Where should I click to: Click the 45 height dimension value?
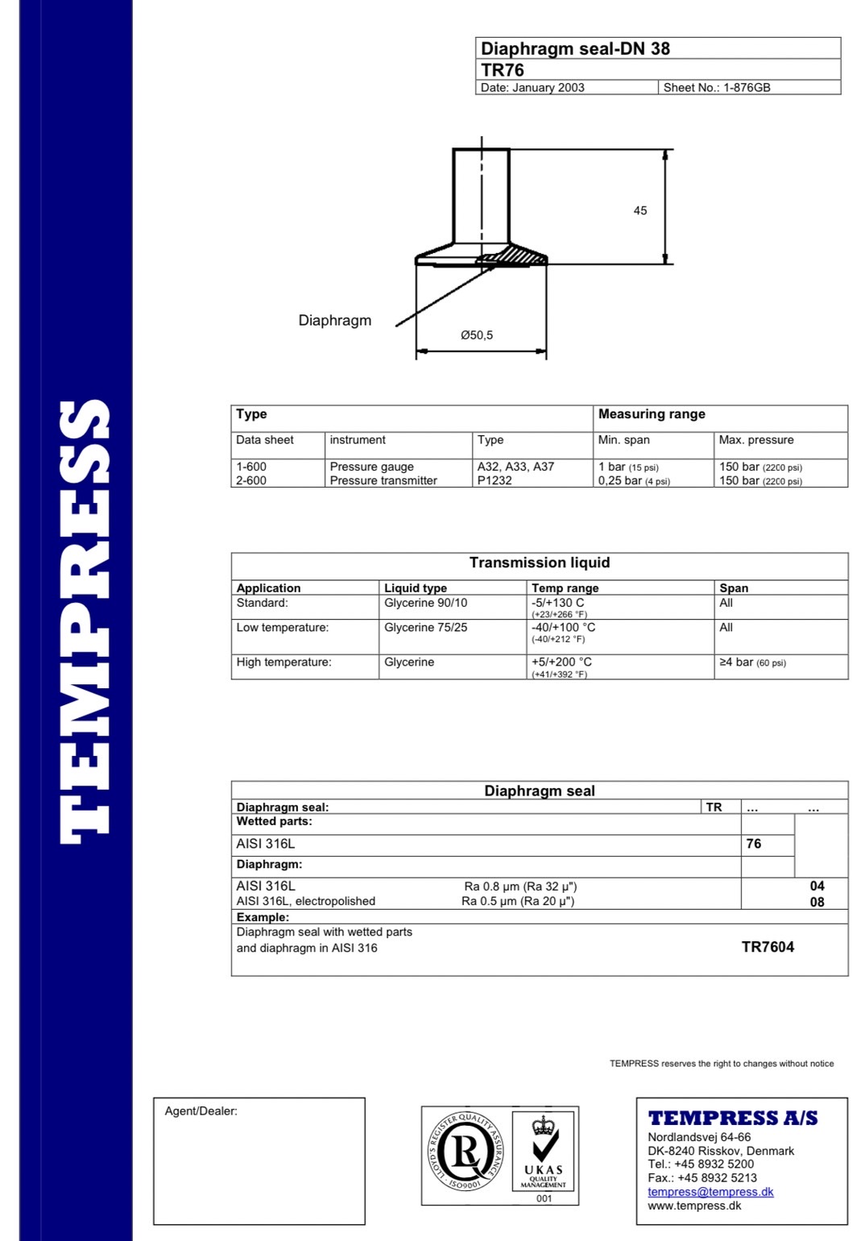(640, 210)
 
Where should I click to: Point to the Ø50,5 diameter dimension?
(477, 335)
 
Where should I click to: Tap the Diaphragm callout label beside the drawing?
(335, 320)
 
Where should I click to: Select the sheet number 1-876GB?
(717, 88)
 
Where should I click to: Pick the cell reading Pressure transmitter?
(383, 480)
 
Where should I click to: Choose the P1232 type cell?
(495, 480)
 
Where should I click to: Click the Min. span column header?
(623, 440)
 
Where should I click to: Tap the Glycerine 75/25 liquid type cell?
(425, 627)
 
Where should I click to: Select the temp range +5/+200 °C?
(561, 662)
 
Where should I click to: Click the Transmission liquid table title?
(540, 562)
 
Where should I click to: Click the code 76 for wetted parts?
(754, 844)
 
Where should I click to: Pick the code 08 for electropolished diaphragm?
(817, 902)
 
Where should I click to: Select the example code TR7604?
(768, 947)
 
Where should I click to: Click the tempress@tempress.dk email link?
(710, 1192)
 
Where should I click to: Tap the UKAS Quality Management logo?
(543, 1152)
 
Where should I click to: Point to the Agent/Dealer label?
(201, 1111)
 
